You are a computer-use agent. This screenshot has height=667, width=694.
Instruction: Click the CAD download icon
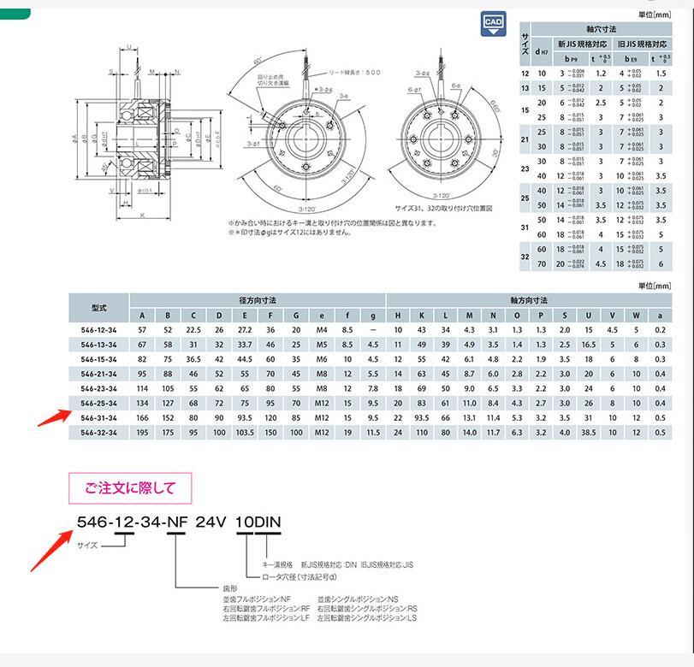click(494, 24)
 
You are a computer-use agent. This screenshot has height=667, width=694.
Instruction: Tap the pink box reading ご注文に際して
click(130, 489)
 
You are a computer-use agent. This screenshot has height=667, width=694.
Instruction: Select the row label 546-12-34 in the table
click(98, 330)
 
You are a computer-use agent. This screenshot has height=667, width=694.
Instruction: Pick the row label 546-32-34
click(98, 434)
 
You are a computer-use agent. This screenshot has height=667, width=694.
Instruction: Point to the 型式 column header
click(98, 307)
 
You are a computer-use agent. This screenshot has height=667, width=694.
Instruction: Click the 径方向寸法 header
click(257, 299)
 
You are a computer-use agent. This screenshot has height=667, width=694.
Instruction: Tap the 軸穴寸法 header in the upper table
click(601, 28)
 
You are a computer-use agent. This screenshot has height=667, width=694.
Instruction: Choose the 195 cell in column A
click(141, 434)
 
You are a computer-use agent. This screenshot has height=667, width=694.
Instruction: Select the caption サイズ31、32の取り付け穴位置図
click(444, 208)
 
